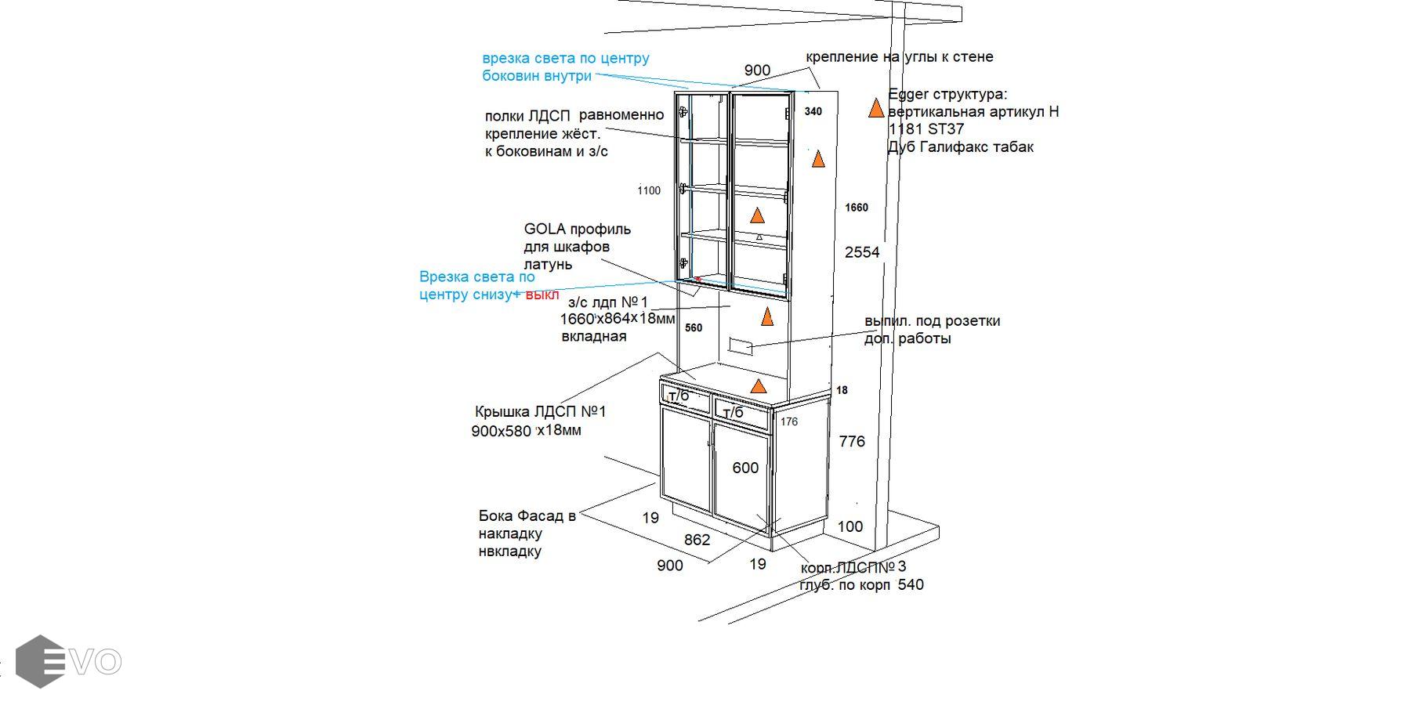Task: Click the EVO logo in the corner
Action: pos(69,662)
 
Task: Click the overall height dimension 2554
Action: pos(862,252)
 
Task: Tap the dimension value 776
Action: pos(852,442)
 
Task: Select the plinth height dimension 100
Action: pos(850,527)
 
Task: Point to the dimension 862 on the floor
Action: pos(697,540)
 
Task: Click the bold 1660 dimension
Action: pos(856,208)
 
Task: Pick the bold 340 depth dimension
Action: pos(813,112)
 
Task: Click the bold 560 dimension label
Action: pos(694,328)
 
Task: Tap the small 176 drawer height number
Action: pos(789,422)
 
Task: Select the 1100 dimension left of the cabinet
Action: pos(649,190)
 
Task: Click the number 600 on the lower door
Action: pos(745,468)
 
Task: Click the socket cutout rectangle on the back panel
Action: pos(741,345)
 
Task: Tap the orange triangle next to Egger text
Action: pos(876,108)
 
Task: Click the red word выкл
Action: pos(542,295)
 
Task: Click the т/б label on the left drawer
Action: pos(679,395)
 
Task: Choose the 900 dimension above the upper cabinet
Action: pos(757,70)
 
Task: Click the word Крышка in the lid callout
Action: pos(502,412)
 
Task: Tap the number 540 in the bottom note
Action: pos(911,585)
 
